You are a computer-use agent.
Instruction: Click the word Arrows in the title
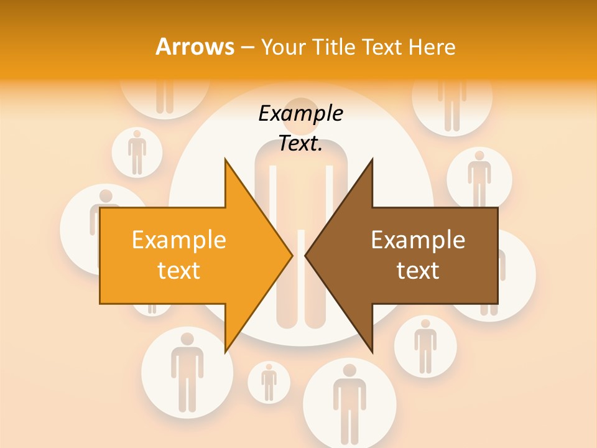click(x=195, y=47)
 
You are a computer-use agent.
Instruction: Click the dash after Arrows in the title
click(x=247, y=47)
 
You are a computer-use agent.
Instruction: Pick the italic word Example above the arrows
click(x=300, y=114)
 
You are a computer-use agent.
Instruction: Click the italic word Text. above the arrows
click(x=300, y=144)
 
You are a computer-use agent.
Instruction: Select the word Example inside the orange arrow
click(x=179, y=240)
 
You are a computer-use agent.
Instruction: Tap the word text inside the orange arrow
click(x=179, y=271)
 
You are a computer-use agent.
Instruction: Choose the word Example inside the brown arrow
click(x=418, y=240)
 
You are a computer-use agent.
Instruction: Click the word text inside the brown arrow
click(x=418, y=271)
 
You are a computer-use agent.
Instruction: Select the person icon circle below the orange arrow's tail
click(x=187, y=372)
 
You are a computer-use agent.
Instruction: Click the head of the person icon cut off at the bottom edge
click(x=349, y=371)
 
